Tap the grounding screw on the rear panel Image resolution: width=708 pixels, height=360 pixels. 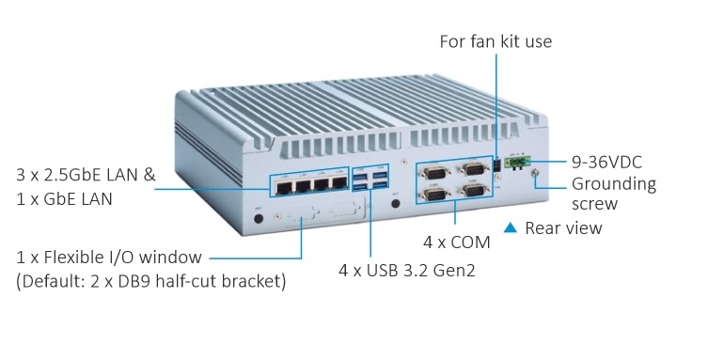pyautogui.click(x=536, y=173)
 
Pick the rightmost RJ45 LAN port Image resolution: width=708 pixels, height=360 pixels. pyautogui.click(x=339, y=182)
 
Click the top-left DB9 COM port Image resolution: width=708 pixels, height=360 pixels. pyautogui.click(x=434, y=172)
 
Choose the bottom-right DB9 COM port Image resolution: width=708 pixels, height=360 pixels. pyautogui.click(x=473, y=191)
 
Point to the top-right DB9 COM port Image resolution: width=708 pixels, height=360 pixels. pyautogui.click(x=473, y=169)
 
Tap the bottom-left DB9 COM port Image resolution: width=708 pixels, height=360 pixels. pyautogui.click(x=434, y=195)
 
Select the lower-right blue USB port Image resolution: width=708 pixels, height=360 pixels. pyautogui.click(x=380, y=183)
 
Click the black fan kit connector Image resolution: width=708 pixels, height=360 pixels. pyautogui.click(x=496, y=165)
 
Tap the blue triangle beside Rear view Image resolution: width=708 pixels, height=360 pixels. pyautogui.click(x=511, y=227)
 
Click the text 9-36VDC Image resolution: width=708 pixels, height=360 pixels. pyautogui.click(x=606, y=162)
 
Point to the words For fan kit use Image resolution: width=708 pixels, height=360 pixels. pyautogui.click(x=496, y=41)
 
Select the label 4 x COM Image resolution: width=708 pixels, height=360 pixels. pyautogui.click(x=457, y=243)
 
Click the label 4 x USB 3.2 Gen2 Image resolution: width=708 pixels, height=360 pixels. pyautogui.click(x=407, y=270)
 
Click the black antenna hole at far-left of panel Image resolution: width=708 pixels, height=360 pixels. pyautogui.click(x=259, y=219)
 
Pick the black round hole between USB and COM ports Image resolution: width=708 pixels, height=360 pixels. pyautogui.click(x=396, y=203)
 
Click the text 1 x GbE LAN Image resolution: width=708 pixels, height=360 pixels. pyautogui.click(x=64, y=199)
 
